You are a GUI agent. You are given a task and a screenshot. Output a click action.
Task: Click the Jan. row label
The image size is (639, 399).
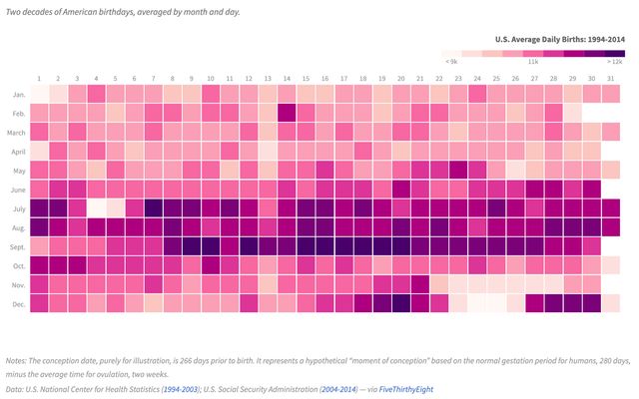(x=19, y=94)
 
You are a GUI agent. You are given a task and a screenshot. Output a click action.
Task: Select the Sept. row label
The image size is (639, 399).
(x=19, y=245)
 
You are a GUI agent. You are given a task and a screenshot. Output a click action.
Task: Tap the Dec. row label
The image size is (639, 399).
(x=19, y=302)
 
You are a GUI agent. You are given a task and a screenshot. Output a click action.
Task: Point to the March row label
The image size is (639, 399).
(x=17, y=132)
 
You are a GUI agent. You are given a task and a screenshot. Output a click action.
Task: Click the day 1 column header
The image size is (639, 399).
(x=39, y=78)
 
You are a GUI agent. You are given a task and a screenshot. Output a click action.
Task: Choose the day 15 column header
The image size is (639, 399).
(x=306, y=78)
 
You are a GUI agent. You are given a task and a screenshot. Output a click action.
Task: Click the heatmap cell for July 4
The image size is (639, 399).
(x=96, y=207)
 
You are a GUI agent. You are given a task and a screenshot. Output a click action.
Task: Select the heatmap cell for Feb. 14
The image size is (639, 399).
(x=287, y=113)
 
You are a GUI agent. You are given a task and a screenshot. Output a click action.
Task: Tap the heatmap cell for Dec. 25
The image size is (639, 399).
(x=496, y=302)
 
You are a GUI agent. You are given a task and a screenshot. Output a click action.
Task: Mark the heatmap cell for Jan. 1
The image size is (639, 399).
(x=39, y=94)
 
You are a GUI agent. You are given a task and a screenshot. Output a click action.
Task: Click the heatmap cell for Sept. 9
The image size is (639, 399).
(x=192, y=245)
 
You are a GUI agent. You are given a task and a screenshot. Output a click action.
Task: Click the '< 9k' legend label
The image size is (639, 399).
(x=452, y=62)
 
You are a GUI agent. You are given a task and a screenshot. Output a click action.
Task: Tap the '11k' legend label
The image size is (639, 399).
(x=533, y=62)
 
